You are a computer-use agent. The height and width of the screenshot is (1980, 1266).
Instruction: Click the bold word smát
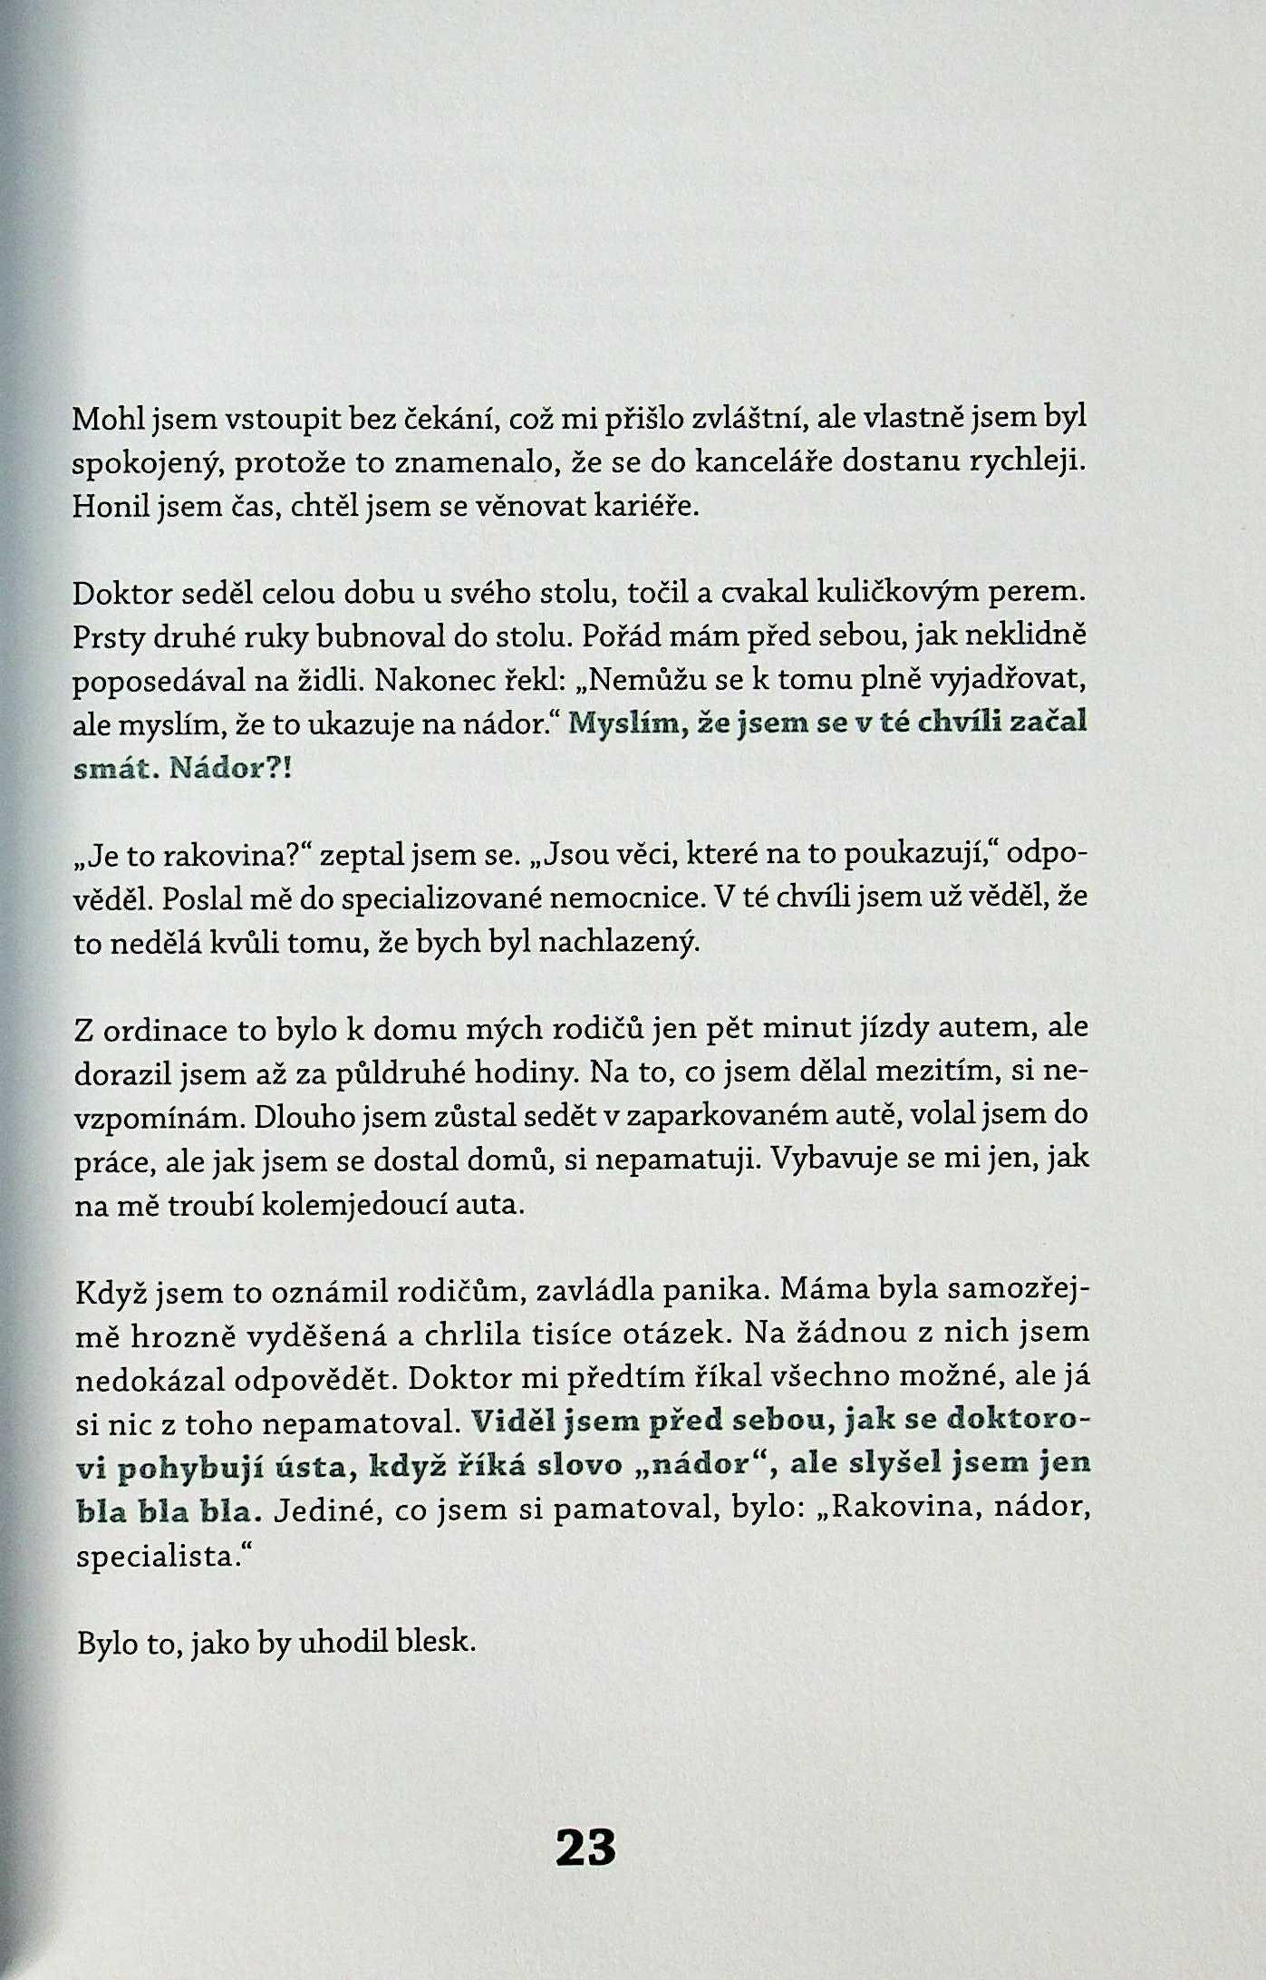pos(112,769)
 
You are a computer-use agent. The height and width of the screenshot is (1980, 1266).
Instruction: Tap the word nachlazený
pos(619,943)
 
